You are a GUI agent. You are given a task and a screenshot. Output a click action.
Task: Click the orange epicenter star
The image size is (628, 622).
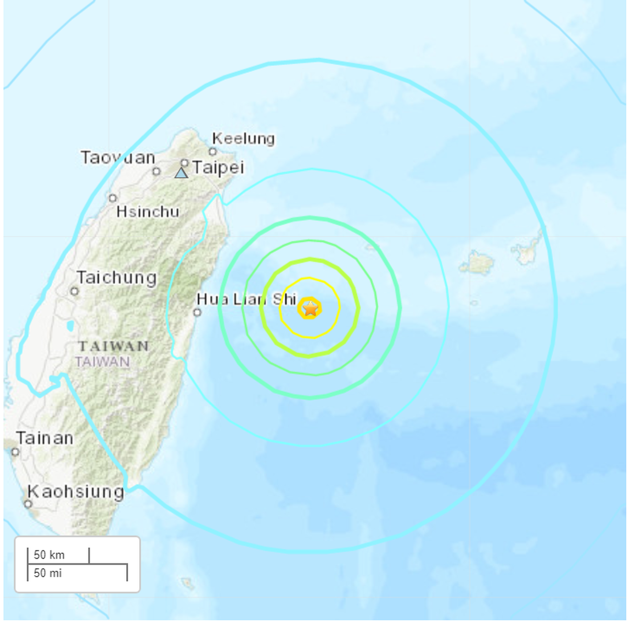(310, 308)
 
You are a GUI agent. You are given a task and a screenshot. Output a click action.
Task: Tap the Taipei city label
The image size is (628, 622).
(218, 168)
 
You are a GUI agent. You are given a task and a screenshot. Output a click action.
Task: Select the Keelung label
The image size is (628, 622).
(243, 139)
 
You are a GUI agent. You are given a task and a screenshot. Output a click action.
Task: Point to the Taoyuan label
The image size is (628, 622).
(118, 158)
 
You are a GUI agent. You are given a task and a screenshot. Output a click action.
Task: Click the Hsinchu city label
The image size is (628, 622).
(148, 212)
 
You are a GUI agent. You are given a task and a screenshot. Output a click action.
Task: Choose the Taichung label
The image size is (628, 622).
(117, 277)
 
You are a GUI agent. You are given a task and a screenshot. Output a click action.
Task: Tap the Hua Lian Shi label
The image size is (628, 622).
(246, 299)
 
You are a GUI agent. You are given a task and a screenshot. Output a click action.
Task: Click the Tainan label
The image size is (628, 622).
(44, 438)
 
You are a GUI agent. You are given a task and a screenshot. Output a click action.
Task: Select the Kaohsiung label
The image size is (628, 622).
(76, 491)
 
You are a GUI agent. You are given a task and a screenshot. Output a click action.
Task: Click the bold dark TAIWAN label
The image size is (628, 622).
(114, 346)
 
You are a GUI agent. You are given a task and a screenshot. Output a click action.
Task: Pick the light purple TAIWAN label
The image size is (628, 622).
(102, 362)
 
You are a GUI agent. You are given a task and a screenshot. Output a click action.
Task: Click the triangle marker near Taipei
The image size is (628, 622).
(181, 173)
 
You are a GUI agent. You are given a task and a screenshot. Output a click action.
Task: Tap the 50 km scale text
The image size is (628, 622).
(49, 554)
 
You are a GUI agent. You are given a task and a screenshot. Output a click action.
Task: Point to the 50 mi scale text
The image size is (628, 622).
(48, 573)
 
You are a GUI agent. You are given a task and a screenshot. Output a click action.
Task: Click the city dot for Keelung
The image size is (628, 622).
(212, 152)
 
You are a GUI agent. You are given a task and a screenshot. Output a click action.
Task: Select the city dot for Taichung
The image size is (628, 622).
(74, 291)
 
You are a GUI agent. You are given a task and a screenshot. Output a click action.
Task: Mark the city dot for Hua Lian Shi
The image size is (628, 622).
(197, 313)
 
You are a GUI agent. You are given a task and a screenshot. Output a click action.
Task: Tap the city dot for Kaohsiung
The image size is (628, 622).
(28, 504)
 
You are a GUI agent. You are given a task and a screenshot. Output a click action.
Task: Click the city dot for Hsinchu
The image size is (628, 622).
(113, 198)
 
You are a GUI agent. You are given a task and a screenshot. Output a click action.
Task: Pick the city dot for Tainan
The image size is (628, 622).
(16, 452)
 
